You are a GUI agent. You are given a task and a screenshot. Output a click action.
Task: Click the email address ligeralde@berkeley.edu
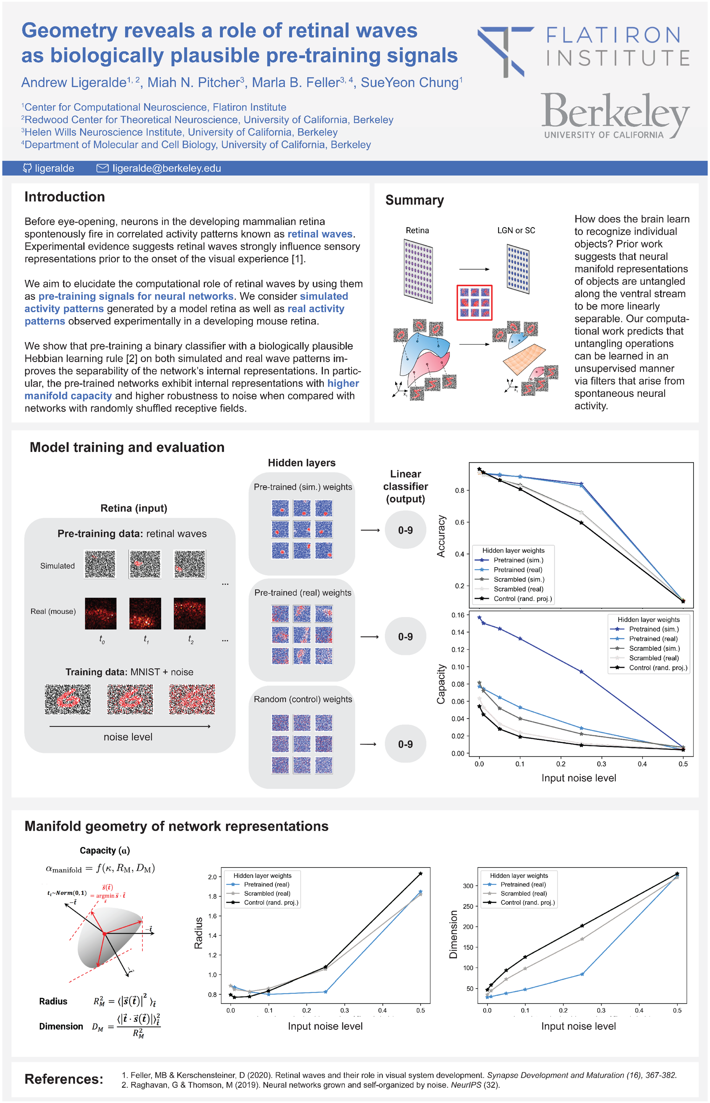tap(167, 168)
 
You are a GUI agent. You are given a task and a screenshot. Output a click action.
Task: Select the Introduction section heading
tap(65, 197)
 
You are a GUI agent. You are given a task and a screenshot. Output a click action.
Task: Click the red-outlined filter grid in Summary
tap(474, 303)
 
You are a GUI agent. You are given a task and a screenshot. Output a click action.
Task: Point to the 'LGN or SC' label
tap(516, 231)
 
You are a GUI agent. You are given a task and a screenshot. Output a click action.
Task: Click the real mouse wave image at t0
tap(100, 613)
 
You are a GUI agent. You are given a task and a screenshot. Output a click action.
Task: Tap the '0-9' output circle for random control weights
tap(405, 744)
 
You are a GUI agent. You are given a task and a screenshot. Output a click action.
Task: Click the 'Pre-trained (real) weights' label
tap(303, 593)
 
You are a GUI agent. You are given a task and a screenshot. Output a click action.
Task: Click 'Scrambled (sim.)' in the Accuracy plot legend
tap(519, 579)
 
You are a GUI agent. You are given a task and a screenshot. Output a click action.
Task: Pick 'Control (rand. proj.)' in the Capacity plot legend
tap(658, 668)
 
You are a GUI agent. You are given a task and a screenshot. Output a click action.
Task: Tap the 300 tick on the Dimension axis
tap(468, 885)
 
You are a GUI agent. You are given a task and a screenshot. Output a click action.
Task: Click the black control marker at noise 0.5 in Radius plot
tap(420, 874)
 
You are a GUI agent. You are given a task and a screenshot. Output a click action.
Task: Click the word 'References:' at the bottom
tap(64, 1079)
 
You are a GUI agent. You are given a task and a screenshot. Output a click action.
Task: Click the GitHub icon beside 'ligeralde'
tap(27, 168)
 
